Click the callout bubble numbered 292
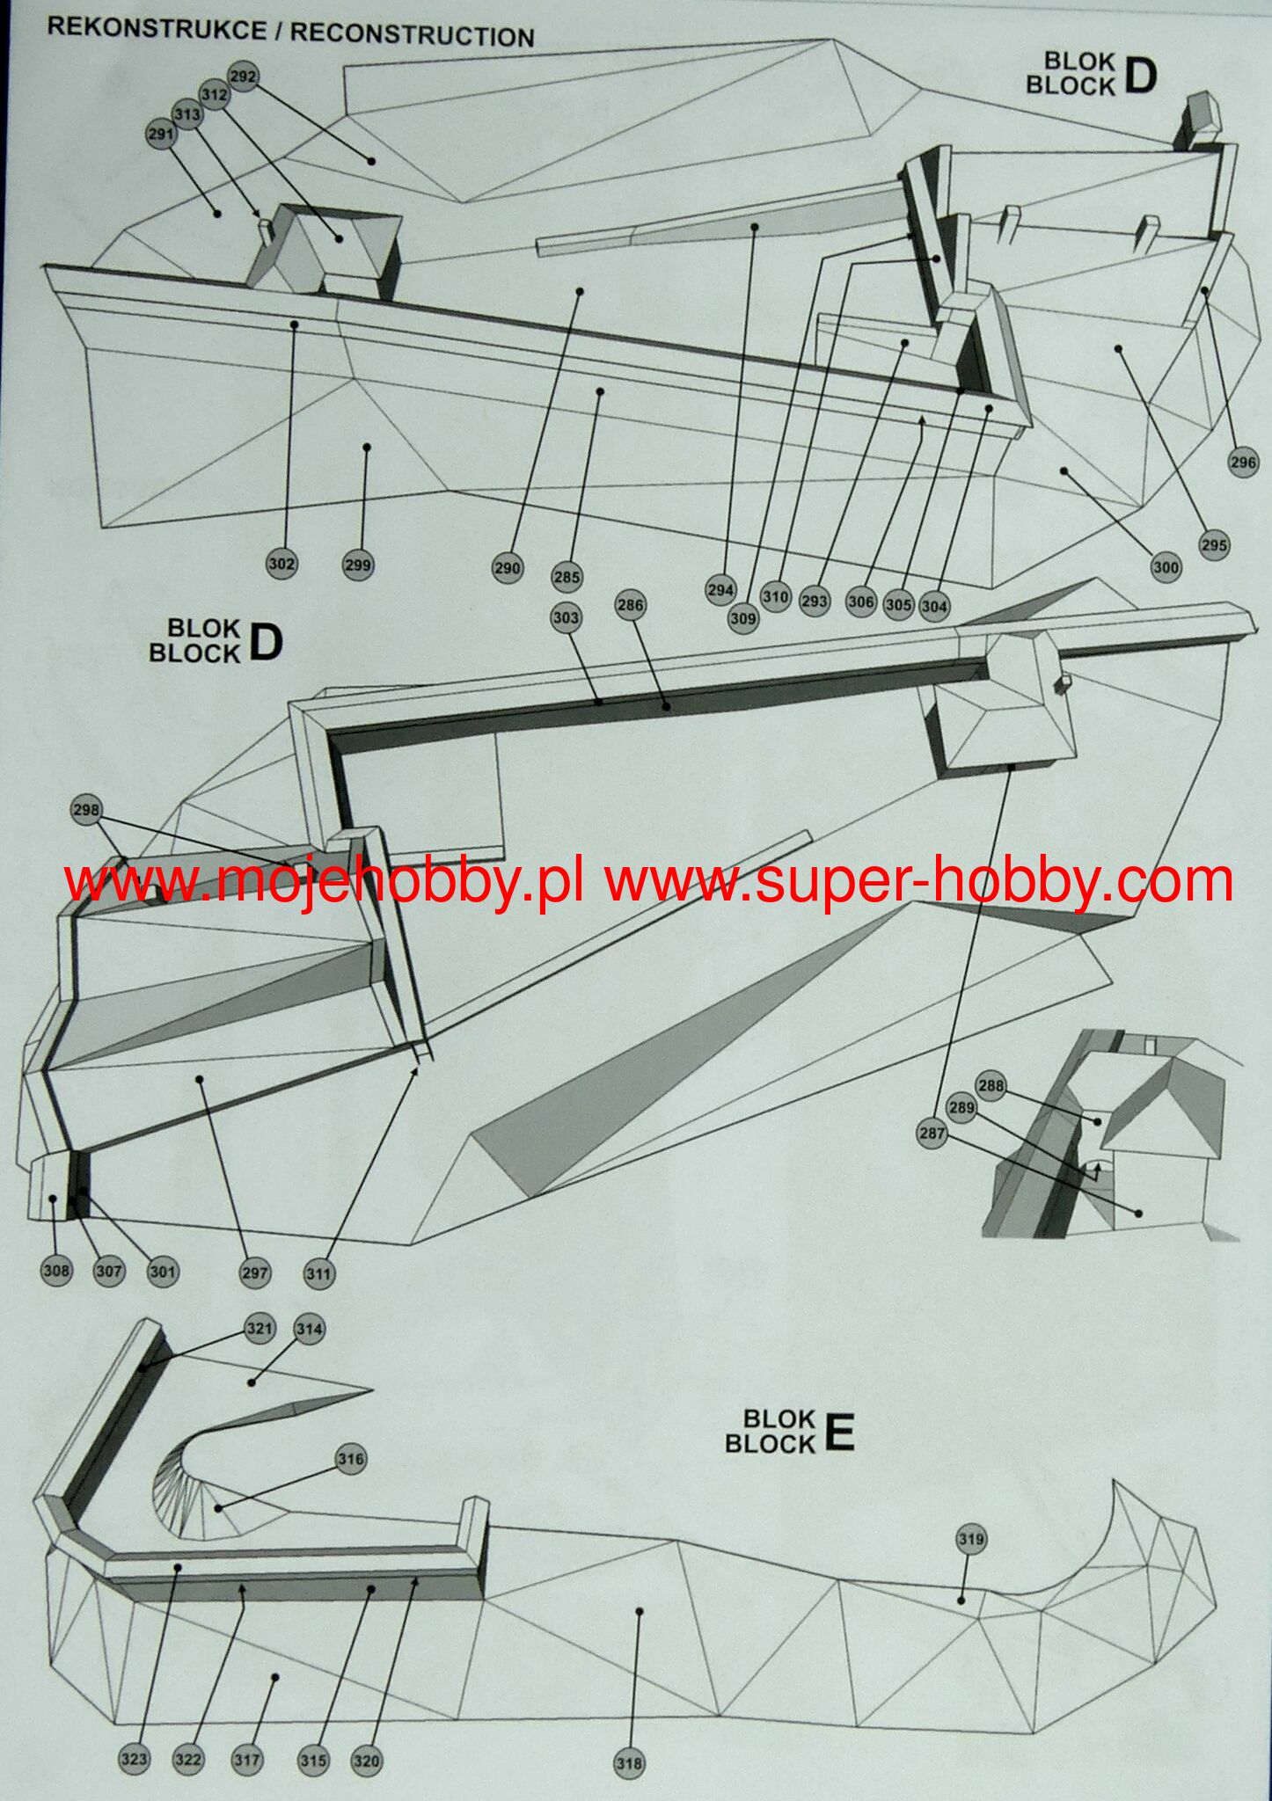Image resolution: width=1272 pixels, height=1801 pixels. coord(243,77)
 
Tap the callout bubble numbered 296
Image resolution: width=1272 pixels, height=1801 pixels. coord(1243,463)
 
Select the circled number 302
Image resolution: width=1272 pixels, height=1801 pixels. coord(281,565)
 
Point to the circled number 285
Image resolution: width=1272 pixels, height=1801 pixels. coord(567,578)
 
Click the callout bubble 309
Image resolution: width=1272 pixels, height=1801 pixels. coord(743,618)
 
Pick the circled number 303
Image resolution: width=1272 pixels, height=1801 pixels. coord(566,617)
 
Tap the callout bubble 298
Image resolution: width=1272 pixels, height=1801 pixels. coord(86,810)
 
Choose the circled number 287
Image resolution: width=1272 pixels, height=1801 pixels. coord(932,1134)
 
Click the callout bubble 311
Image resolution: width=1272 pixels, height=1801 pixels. coord(319,1272)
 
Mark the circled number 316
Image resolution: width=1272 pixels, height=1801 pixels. coord(350,1459)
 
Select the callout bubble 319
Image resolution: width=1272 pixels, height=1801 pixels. coord(971,1539)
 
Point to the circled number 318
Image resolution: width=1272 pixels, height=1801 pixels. coord(629,1763)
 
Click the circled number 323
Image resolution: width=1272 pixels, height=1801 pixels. coord(134,1759)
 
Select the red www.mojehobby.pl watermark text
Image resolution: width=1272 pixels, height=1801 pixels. coord(324,882)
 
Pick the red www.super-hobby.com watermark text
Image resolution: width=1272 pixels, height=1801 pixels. coord(918,882)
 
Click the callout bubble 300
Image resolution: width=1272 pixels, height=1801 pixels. coord(1166,567)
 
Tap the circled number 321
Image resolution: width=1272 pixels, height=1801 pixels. coord(260,1328)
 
